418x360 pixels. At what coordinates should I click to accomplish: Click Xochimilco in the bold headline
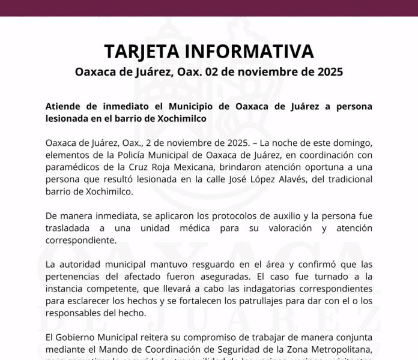pos(182,118)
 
